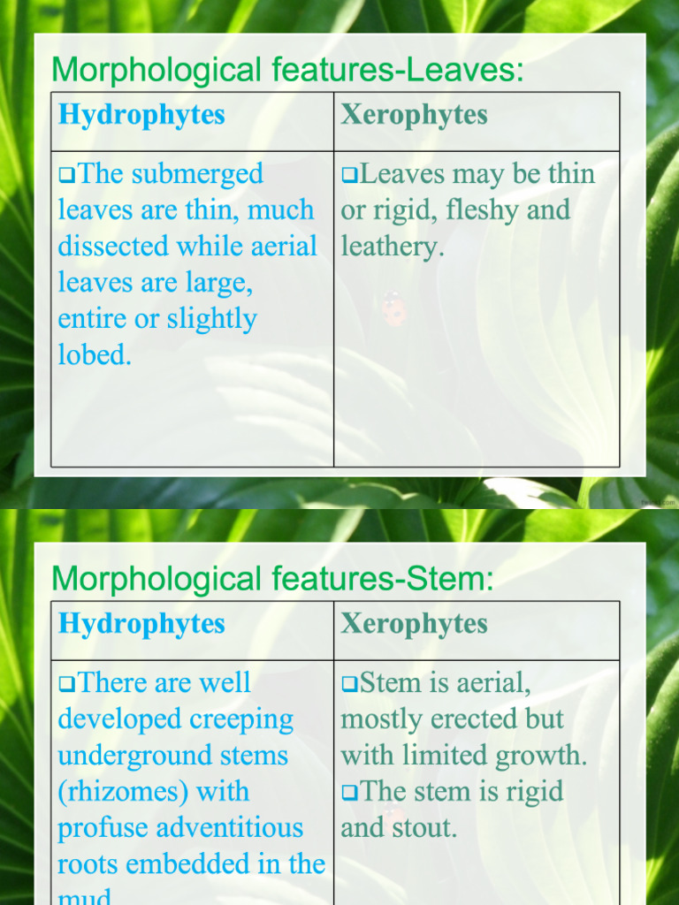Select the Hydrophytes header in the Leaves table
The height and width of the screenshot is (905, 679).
pyautogui.click(x=141, y=115)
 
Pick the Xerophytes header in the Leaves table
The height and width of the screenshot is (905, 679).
pyautogui.click(x=414, y=115)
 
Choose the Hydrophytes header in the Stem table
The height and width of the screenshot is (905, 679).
pyautogui.click(x=141, y=624)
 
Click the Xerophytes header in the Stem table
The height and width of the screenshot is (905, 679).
pyautogui.click(x=414, y=624)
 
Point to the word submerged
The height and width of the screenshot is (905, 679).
pyautogui.click(x=196, y=175)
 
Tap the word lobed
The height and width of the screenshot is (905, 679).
pyautogui.click(x=94, y=355)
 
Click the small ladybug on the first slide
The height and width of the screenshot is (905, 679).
pyautogui.click(x=393, y=308)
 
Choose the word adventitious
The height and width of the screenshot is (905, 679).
pyautogui.click(x=229, y=828)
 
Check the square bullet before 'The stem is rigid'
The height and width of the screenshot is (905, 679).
pyautogui.click(x=349, y=793)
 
